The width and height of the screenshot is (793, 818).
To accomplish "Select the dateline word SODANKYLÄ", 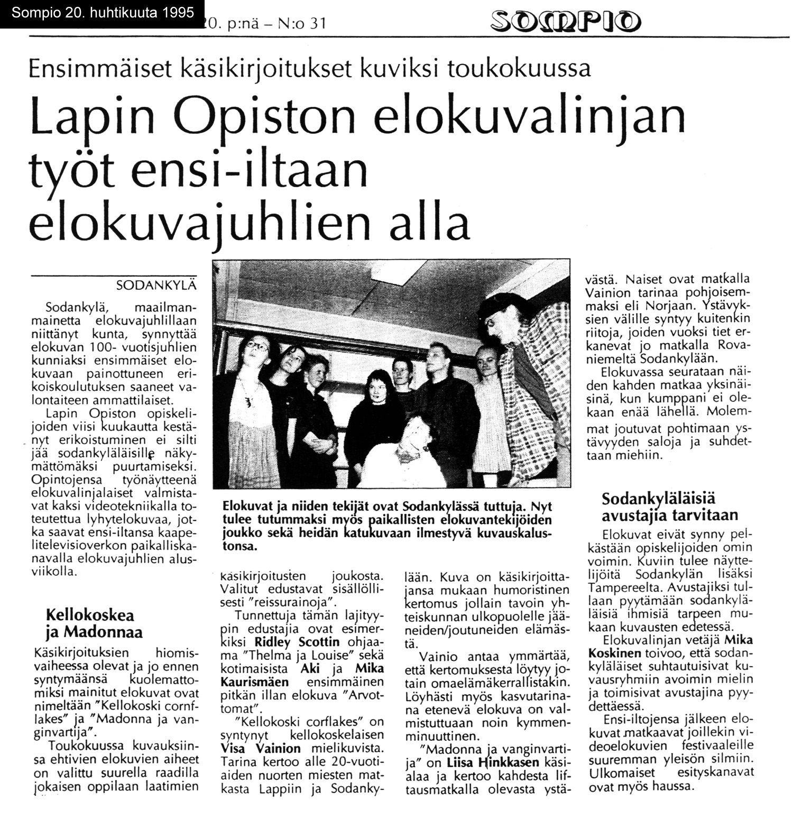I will coord(156,286).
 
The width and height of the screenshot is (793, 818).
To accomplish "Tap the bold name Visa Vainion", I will coord(260,749).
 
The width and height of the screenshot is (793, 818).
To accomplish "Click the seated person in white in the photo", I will coord(412,449).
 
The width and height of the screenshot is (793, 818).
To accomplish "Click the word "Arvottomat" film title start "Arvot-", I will coord(358,695).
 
